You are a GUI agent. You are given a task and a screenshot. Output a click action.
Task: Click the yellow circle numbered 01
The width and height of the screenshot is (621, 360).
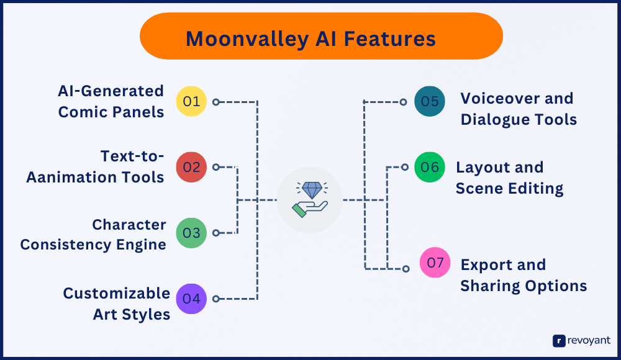191,101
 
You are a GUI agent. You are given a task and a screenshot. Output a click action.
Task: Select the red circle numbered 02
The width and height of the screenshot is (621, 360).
191,167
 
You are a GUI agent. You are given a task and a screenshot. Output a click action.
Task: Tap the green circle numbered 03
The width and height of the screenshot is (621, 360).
191,233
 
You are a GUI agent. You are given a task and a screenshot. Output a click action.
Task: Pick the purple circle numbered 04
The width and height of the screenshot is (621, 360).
191,299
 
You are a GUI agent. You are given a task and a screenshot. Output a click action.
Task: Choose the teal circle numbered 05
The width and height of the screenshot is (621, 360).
430,101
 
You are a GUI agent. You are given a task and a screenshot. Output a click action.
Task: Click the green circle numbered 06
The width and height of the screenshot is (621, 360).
430,167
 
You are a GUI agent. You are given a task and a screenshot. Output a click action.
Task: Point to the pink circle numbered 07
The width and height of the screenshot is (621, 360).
435,263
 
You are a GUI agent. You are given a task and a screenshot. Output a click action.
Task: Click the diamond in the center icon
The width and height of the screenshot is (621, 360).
310,190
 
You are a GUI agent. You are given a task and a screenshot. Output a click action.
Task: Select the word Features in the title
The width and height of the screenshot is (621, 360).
390,39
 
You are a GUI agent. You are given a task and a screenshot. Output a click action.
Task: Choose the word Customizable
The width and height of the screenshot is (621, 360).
117,293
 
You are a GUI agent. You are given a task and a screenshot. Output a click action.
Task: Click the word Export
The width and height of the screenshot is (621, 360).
486,264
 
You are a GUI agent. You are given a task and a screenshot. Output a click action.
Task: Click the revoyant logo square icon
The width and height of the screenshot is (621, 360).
558,340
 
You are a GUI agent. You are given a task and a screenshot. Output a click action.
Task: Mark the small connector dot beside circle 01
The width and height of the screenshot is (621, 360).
215,101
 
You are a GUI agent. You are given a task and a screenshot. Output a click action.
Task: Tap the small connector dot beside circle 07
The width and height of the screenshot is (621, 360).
406,269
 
